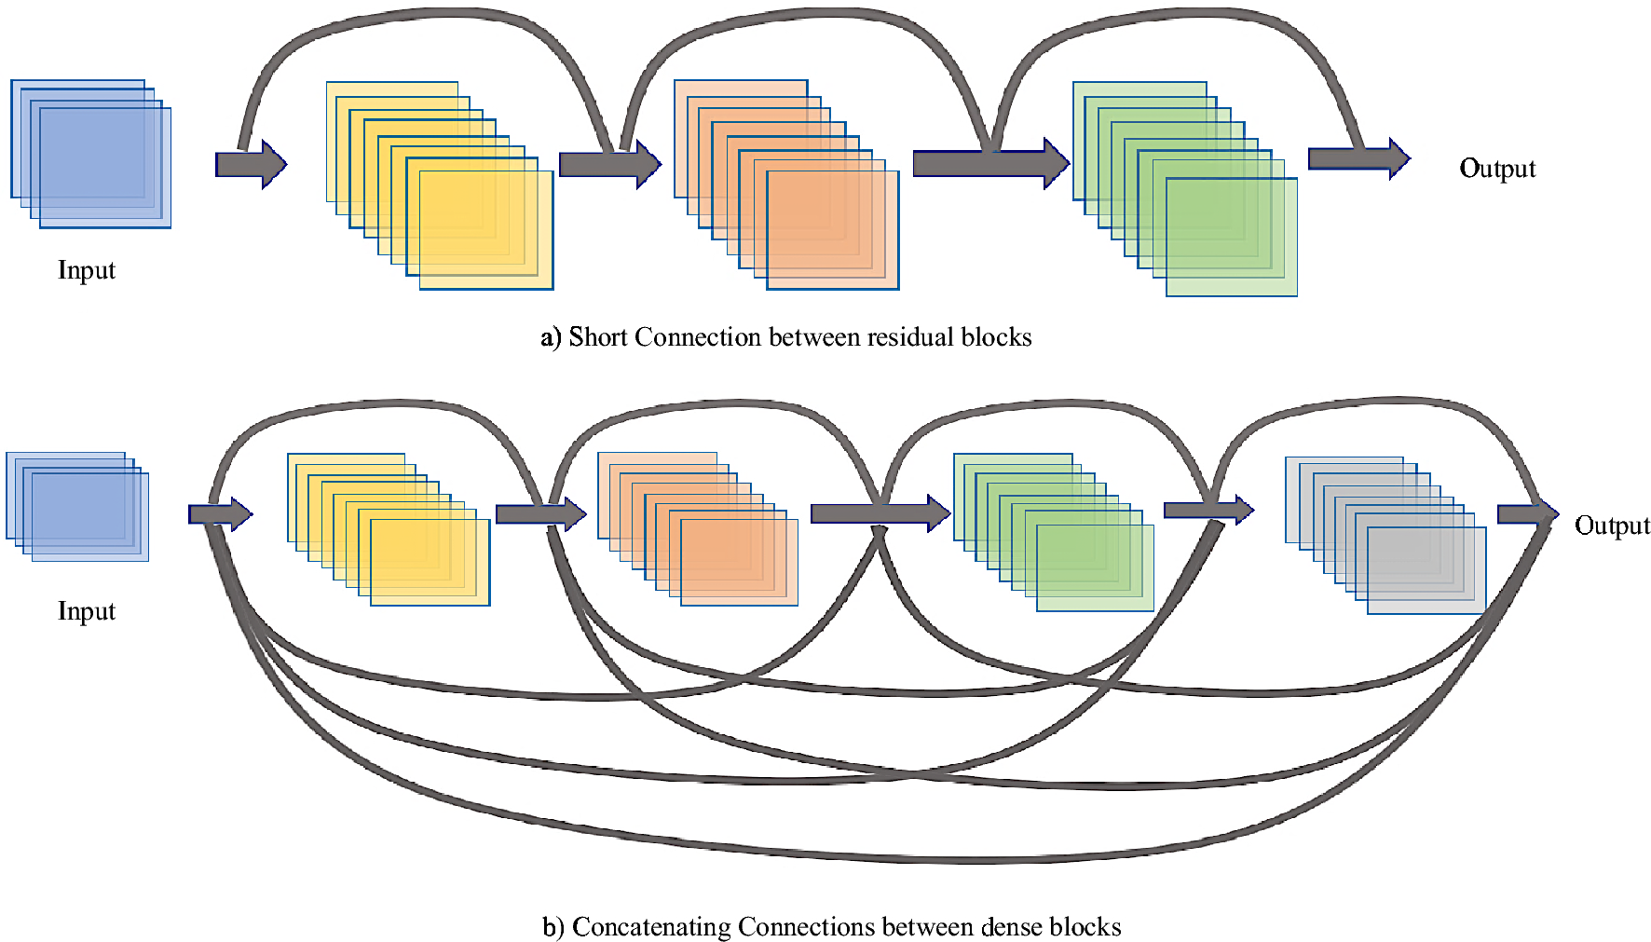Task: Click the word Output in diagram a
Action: [x=1496, y=169]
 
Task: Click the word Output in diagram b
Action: [x=1611, y=526]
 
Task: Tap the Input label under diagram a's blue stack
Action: [x=87, y=270]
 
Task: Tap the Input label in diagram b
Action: [x=87, y=611]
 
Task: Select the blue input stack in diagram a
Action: [x=91, y=155]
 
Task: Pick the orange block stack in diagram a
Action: [x=786, y=185]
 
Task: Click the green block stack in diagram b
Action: [x=1053, y=532]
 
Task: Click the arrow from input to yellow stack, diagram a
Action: [x=250, y=165]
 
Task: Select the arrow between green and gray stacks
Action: [x=1208, y=510]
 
